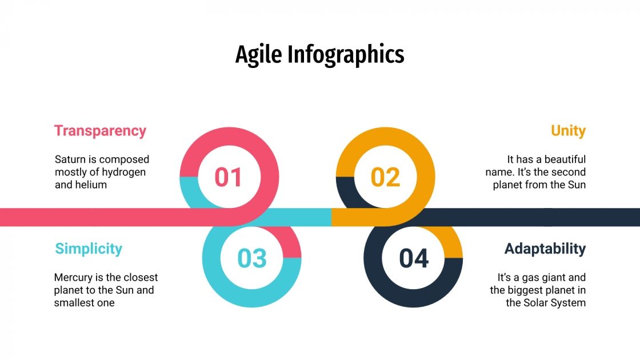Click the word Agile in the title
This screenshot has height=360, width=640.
(x=258, y=55)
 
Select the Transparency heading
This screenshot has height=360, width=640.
(x=100, y=130)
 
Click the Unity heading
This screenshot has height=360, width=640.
(x=568, y=130)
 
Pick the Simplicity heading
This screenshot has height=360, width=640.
(x=89, y=249)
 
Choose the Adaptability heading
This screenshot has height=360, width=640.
(x=545, y=249)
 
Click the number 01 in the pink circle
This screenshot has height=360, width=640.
(x=229, y=177)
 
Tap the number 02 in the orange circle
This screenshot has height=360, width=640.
(x=385, y=177)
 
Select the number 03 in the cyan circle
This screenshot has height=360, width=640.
(x=252, y=259)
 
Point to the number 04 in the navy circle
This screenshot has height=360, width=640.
(x=414, y=259)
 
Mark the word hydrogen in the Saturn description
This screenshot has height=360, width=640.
(x=125, y=172)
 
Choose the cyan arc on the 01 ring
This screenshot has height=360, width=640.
(x=189, y=191)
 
